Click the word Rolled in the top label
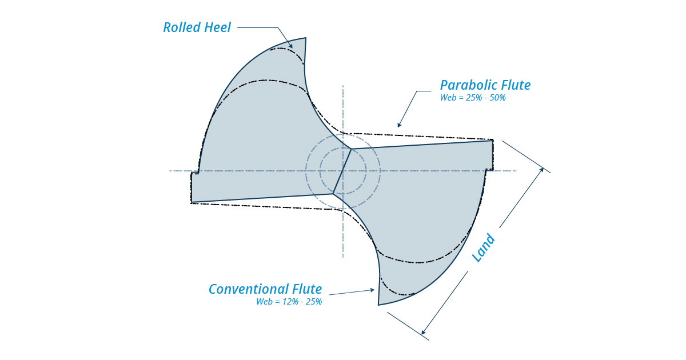tap(182, 27)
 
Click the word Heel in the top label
tap(217, 27)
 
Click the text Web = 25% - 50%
tap(473, 98)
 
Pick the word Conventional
tap(248, 289)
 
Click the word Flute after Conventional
tap(307, 289)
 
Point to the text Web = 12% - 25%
tap(289, 302)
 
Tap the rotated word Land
tap(483, 247)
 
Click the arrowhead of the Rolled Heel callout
tap(291, 46)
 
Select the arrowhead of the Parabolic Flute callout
tap(399, 125)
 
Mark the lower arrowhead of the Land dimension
tap(423, 332)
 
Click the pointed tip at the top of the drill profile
tap(306, 38)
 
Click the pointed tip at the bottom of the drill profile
tap(378, 305)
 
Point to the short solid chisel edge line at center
tap(342, 171)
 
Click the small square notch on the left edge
tap(195, 174)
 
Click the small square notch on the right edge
tap(490, 169)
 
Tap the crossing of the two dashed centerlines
tap(343, 171)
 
